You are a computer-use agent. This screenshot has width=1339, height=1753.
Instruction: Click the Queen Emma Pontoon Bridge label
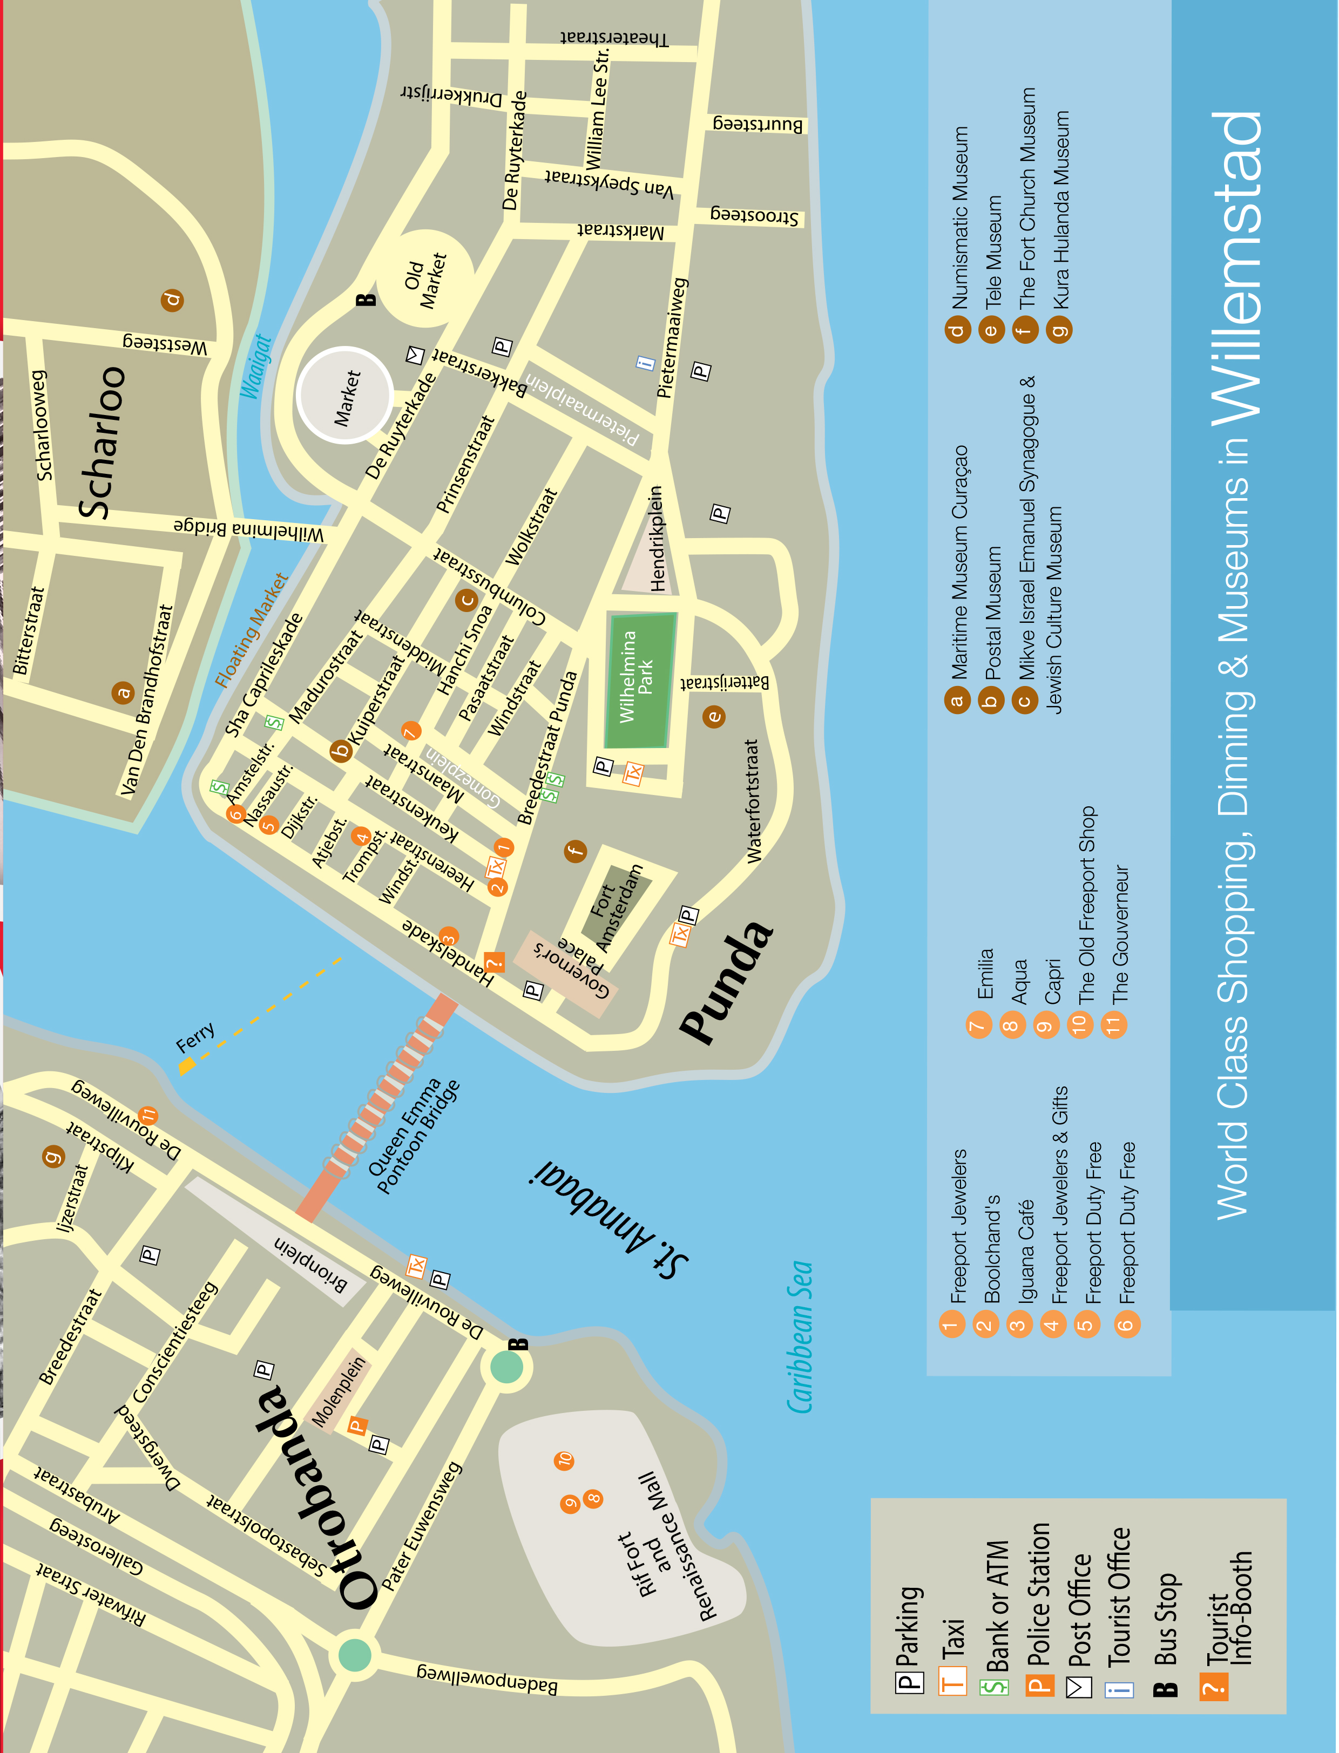[413, 1136]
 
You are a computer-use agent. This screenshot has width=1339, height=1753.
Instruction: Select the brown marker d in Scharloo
[172, 300]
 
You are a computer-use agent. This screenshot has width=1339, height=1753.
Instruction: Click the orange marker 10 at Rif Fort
[564, 1460]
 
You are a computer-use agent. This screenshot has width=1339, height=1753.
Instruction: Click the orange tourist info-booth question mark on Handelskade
[494, 962]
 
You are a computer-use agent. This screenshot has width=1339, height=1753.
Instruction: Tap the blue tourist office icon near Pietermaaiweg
[645, 363]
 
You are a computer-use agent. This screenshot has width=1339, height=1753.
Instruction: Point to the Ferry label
[195, 1037]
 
